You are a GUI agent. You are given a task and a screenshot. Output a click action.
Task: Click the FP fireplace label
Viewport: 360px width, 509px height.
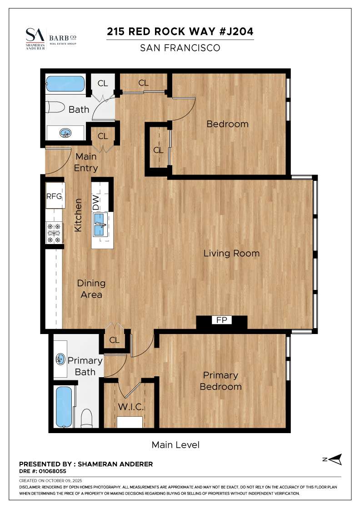coord(221,320)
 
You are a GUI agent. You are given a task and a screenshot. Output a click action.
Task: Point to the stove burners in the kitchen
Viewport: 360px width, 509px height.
coord(54,233)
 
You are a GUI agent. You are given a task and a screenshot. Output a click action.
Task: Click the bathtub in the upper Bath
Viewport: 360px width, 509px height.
coord(65,84)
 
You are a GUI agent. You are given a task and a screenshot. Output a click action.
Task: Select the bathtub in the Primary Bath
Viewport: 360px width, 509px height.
coord(64,406)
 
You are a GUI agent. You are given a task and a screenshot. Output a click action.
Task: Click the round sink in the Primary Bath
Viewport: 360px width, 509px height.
coord(60,359)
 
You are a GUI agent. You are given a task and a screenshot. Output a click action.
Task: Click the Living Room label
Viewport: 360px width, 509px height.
coord(231,253)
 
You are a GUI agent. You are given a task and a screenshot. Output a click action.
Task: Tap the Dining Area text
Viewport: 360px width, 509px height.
coord(91,289)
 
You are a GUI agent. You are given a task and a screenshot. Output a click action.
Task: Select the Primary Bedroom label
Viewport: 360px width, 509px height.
coord(220,381)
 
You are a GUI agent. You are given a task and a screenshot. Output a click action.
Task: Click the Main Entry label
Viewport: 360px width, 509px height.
coord(86,162)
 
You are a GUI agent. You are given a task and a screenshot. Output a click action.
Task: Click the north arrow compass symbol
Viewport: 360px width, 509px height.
coord(335,459)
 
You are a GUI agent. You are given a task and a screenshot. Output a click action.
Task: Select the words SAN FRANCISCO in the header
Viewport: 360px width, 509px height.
coord(180,48)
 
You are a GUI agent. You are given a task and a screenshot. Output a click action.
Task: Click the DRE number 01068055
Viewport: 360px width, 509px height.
coord(43,471)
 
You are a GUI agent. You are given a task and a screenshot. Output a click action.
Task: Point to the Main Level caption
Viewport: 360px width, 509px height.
coord(175,444)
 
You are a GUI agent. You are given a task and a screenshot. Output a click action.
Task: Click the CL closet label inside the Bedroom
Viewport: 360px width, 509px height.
coord(158,150)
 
